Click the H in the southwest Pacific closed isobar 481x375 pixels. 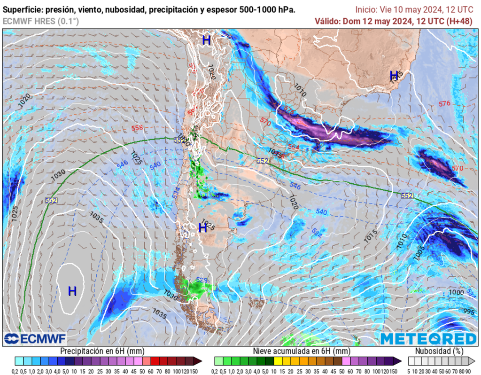pyautogui.click(x=72, y=291)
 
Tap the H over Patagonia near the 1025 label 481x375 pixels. pyautogui.click(x=203, y=228)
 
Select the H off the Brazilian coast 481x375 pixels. pyautogui.click(x=394, y=75)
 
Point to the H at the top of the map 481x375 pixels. pyautogui.click(x=206, y=40)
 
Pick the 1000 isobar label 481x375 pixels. pyautogui.click(x=456, y=292)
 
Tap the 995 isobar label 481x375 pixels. pyautogui.click(x=468, y=312)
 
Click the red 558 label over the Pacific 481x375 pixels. pyautogui.click(x=138, y=128)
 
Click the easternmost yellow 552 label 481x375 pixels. pyautogui.click(x=407, y=195)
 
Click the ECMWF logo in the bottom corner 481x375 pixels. pyautogui.click(x=35, y=338)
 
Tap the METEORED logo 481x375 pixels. pyautogui.click(x=428, y=338)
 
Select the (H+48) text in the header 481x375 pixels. pyautogui.click(x=460, y=21)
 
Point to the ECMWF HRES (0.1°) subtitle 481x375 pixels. pyautogui.click(x=41, y=21)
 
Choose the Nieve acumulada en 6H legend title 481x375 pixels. pyautogui.click(x=301, y=351)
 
